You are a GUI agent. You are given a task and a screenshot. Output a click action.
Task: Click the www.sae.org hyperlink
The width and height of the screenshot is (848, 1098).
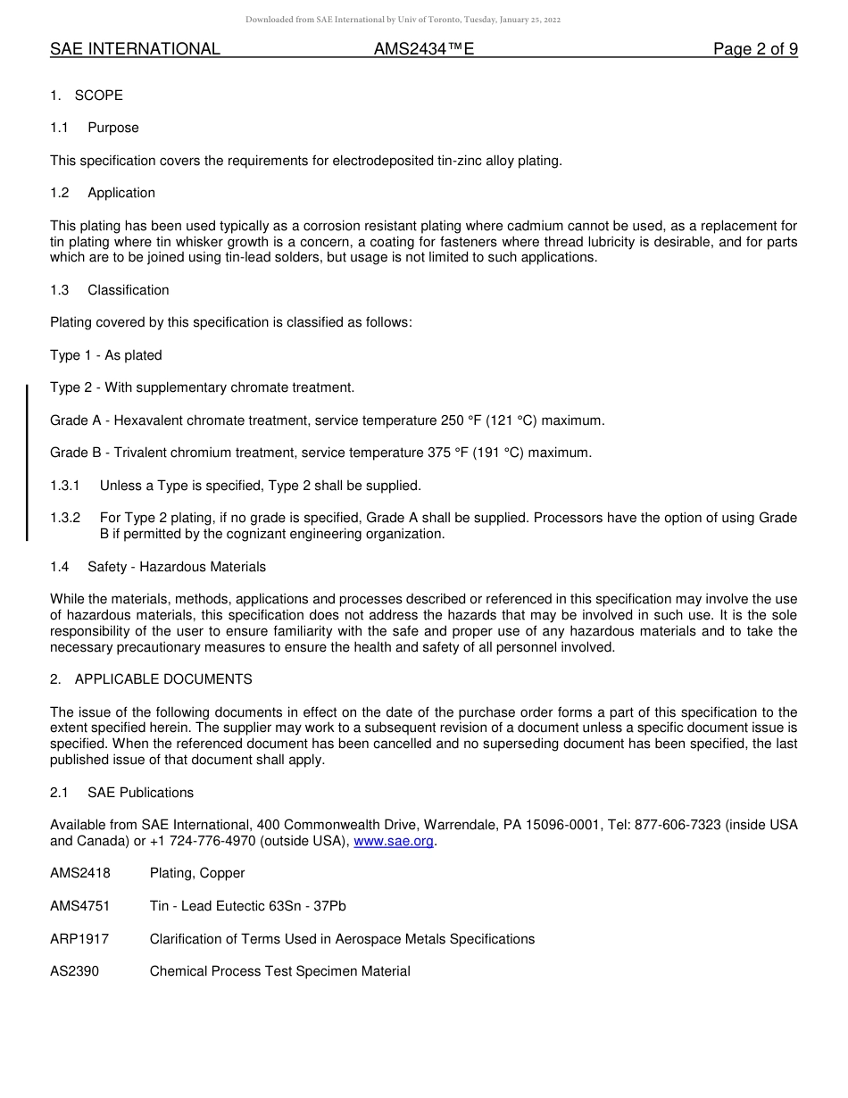[394, 841]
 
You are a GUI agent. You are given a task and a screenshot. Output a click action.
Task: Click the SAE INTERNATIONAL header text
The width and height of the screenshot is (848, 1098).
[135, 50]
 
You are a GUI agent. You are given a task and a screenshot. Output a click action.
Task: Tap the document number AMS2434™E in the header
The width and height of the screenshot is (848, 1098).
[424, 50]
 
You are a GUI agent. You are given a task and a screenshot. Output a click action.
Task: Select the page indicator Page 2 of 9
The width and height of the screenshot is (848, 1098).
[755, 50]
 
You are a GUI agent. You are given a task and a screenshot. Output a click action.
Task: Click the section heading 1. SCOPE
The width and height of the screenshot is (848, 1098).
[87, 96]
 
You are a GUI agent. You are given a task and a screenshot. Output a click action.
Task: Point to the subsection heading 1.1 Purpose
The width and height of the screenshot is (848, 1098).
[95, 128]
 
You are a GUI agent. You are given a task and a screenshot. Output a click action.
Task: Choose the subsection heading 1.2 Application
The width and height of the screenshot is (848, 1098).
[103, 193]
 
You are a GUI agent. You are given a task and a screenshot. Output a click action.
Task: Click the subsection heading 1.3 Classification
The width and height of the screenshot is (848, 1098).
[109, 290]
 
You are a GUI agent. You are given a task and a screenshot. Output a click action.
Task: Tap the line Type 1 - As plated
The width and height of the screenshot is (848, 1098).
[106, 355]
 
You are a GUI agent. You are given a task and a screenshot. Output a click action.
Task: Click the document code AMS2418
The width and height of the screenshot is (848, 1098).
[80, 873]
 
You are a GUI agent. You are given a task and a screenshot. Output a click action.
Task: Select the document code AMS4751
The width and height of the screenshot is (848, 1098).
[80, 906]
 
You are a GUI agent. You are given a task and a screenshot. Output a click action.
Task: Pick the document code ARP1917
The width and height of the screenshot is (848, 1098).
[80, 939]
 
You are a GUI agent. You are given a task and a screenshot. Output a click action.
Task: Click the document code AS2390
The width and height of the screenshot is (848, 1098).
[75, 971]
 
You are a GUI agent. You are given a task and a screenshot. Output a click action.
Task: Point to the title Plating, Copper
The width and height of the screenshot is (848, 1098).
[197, 873]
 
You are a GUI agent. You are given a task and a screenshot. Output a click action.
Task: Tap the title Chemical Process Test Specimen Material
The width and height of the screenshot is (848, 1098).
[279, 971]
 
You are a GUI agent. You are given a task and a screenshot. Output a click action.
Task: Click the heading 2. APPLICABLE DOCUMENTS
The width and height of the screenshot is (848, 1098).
[151, 679]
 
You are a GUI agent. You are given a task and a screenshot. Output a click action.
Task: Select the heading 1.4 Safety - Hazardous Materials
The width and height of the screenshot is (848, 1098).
[158, 567]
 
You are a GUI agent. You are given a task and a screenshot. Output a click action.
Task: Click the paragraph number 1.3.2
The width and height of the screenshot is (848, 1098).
[65, 518]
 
